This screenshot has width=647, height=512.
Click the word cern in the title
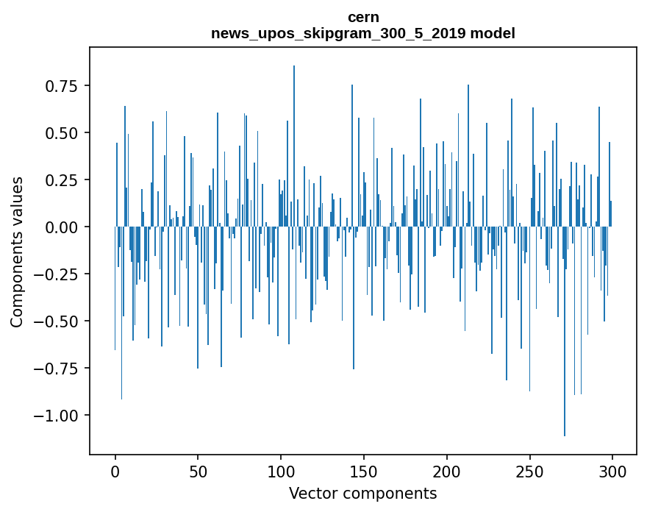click(x=363, y=18)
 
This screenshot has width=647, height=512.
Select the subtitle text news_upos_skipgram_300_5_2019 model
click(x=363, y=34)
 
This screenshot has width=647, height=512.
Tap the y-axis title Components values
click(x=16, y=252)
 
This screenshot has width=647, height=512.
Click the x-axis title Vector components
click(x=363, y=493)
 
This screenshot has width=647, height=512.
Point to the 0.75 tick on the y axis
click(x=62, y=86)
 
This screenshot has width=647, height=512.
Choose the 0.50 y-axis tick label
click(x=62, y=133)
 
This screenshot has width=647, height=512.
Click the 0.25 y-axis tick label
click(x=62, y=180)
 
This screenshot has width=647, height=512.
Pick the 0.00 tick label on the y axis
click(x=62, y=227)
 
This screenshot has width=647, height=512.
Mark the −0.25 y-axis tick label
click(x=57, y=274)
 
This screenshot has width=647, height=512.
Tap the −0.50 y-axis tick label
click(x=57, y=321)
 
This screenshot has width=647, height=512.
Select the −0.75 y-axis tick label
click(x=57, y=369)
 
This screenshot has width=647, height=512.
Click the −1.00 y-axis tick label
click(x=57, y=416)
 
